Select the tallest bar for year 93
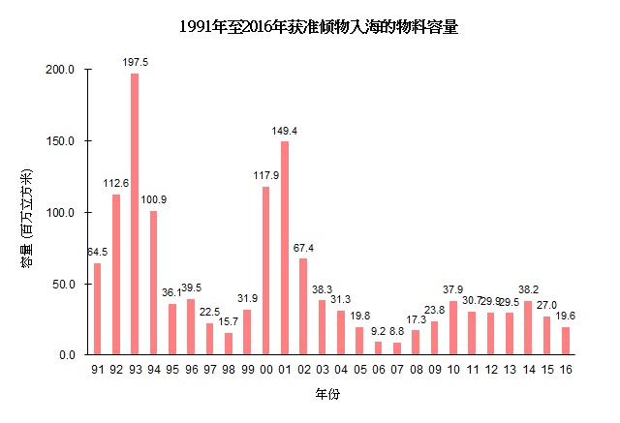135,214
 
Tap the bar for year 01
285,248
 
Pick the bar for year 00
265,270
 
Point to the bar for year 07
397,348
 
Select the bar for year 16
566,341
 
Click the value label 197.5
136,62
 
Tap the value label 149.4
285,130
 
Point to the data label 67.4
303,247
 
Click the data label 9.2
378,330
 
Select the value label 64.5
97,252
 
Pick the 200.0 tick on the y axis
62,70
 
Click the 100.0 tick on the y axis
62,212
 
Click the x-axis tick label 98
229,370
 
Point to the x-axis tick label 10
453,370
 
